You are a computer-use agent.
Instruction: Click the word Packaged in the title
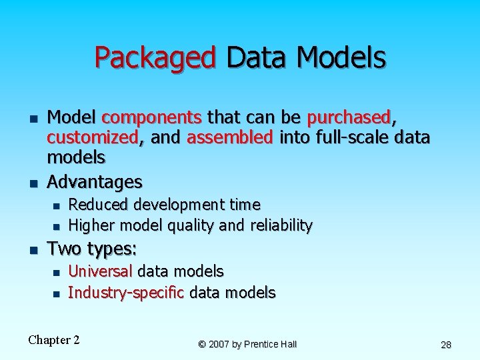pos(155,58)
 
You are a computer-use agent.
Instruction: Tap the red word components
pos(151,118)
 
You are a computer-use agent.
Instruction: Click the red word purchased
pos(348,118)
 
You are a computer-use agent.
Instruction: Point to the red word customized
pos(93,138)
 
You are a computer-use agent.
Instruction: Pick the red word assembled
pos(230,138)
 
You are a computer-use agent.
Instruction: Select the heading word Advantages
pos(95,181)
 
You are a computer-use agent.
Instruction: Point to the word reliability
pos(281,226)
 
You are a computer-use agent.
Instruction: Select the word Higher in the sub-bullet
pos(91,226)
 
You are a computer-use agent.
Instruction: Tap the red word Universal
pos(101,271)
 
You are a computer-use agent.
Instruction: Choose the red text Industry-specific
pos(126,293)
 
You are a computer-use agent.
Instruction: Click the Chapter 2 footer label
pos(54,340)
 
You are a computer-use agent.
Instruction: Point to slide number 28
pos(446,345)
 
